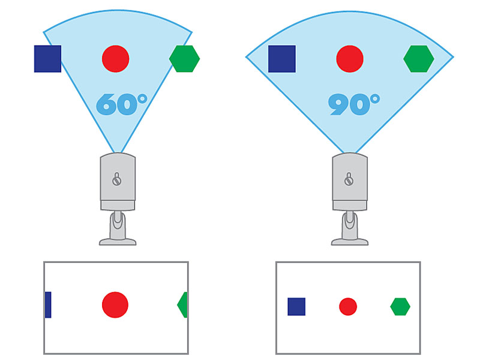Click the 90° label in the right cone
tap(353, 104)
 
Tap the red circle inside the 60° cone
tap(116, 59)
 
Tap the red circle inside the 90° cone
tap(350, 59)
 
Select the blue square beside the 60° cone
tap(47, 59)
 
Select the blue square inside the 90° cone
tap(281, 59)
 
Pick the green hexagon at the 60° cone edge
tap(184, 59)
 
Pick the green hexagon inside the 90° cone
tap(418, 59)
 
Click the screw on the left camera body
tap(117, 179)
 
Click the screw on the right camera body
tap(349, 179)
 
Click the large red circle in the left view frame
tap(115, 305)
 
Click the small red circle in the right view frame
tap(348, 307)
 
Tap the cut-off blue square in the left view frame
tap(48, 305)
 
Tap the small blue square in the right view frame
tap(296, 307)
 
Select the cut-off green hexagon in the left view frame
tap(183, 305)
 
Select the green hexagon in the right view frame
tap(400, 307)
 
